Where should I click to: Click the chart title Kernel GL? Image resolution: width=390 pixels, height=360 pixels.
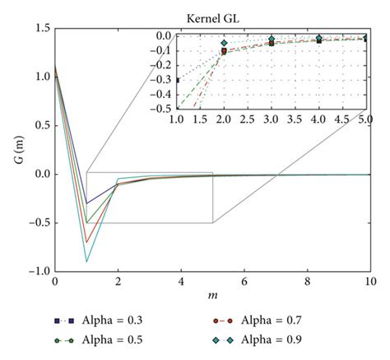[272, 18]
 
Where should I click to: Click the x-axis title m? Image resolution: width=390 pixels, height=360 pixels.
[212, 297]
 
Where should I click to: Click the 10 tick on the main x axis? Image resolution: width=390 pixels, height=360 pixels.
[369, 281]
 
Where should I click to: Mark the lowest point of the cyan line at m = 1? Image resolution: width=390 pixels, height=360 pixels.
[86, 262]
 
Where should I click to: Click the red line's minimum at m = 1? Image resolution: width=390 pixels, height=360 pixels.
[86, 242]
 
